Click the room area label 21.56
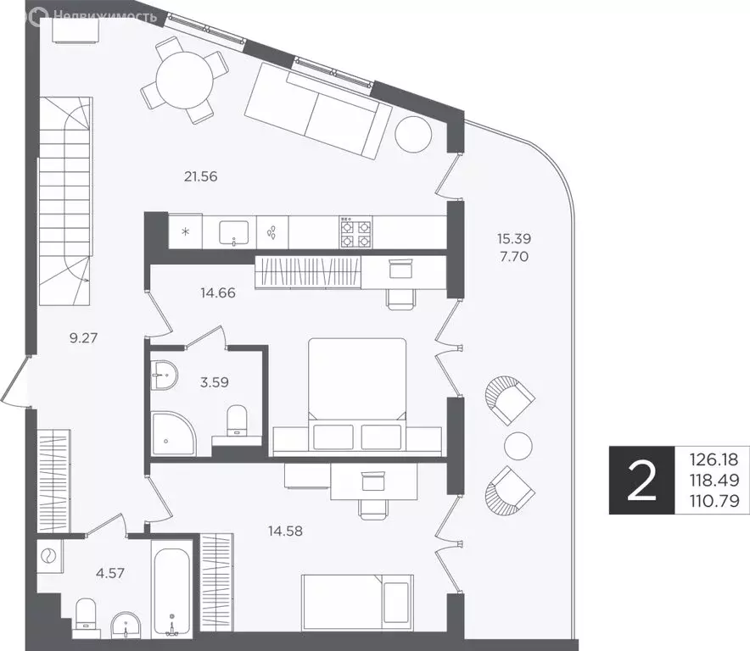coord(200,177)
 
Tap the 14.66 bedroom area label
coord(218,292)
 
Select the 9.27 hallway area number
coord(83,338)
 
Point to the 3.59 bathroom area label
coord(215,382)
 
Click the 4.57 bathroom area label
coord(110,573)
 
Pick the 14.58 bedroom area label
coord(286,531)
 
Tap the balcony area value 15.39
coord(514,238)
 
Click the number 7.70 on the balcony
coord(514,257)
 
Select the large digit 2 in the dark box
coord(641,480)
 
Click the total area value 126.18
coord(714,459)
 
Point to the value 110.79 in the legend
coord(714,501)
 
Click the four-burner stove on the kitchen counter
coord(355,231)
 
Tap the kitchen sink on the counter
coord(234,233)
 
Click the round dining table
coord(184,81)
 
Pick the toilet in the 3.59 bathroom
coord(237,421)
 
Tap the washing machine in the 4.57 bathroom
coord(50,556)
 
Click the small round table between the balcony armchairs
coord(518,446)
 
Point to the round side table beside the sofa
coord(414,134)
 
